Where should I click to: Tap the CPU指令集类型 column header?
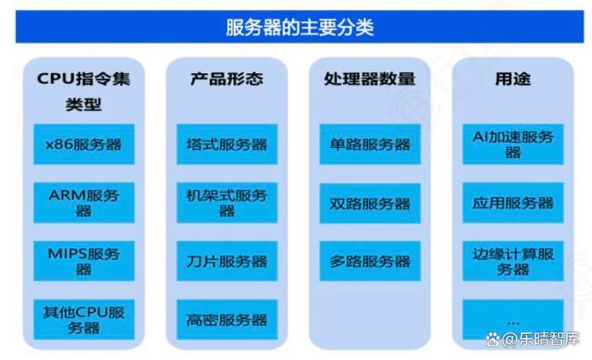pyautogui.click(x=83, y=91)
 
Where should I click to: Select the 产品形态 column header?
pyautogui.click(x=226, y=79)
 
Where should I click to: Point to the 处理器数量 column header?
pyautogui.click(x=369, y=79)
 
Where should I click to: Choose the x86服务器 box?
pyautogui.click(x=83, y=144)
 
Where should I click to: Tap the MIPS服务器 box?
pyautogui.click(x=83, y=261)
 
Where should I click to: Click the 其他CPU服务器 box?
pyautogui.click(x=83, y=319)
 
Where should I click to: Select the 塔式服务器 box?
pyautogui.click(x=226, y=144)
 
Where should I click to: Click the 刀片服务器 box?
pyautogui.click(x=226, y=261)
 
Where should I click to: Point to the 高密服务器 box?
pyautogui.click(x=226, y=319)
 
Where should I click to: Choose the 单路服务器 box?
pyautogui.click(x=369, y=144)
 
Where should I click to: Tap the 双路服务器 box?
pyautogui.click(x=369, y=203)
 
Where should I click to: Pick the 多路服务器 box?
pyautogui.click(x=369, y=261)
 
